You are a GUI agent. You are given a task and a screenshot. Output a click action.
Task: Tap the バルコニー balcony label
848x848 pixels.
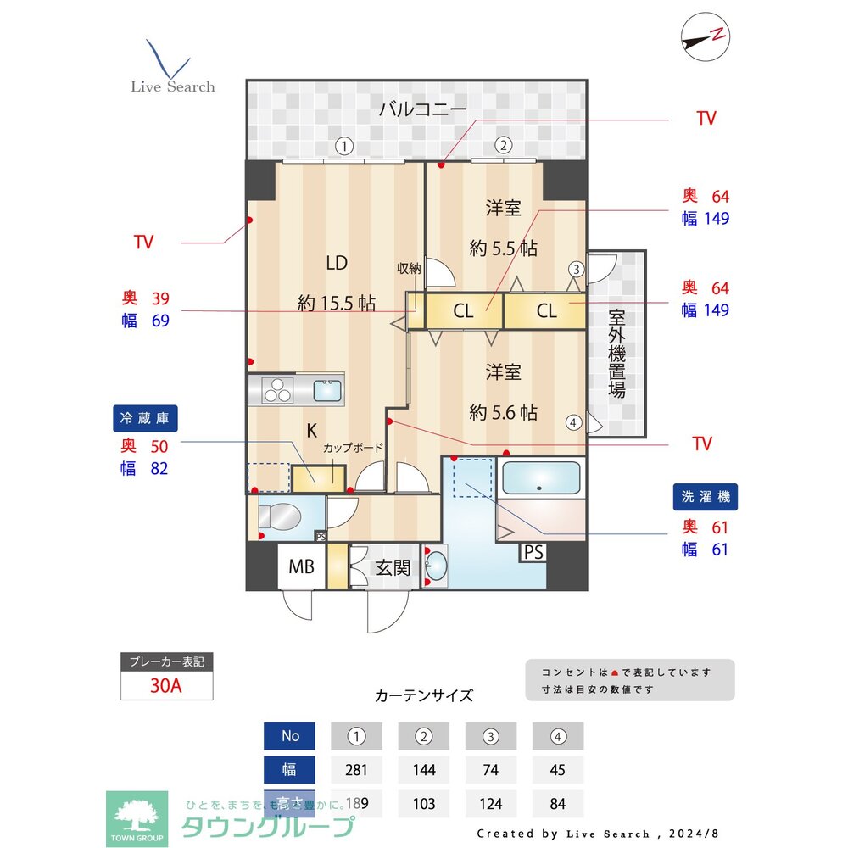422,109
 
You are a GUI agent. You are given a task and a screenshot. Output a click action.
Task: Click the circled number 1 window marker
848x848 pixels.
343,145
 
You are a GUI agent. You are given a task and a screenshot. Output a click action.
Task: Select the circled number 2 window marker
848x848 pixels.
503,145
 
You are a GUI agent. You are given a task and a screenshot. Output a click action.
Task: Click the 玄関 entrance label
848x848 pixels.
393,567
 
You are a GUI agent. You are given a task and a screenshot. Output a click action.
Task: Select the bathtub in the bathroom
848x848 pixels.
541,478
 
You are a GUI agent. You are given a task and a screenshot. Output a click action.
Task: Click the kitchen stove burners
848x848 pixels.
276,391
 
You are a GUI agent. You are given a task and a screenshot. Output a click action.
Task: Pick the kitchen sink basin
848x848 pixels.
327,391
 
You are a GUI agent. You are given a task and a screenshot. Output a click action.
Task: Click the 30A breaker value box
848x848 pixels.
166,686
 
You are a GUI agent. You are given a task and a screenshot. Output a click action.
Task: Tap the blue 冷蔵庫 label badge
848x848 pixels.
145,418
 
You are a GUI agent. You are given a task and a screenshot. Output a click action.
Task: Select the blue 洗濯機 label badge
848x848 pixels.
704,497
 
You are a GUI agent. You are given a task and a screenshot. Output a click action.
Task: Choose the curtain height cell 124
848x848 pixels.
491,803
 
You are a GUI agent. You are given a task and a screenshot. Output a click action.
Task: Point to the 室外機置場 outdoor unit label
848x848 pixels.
616,354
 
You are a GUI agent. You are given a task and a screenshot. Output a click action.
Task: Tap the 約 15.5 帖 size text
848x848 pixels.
337,303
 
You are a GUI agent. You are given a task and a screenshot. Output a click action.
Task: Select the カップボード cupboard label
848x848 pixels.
352,448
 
